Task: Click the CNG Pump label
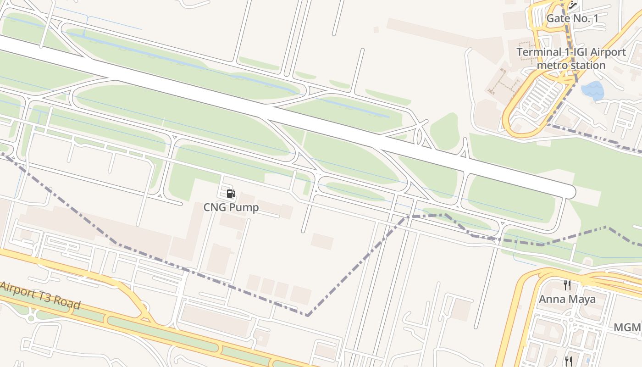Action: (x=231, y=207)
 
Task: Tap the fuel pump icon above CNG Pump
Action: (x=231, y=194)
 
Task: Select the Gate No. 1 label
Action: (x=572, y=19)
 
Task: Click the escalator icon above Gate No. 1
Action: (x=573, y=6)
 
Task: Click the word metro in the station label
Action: (x=552, y=65)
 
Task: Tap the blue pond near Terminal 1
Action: (x=592, y=90)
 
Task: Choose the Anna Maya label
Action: (x=567, y=299)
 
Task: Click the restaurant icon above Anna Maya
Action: (x=567, y=285)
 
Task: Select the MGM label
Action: (x=627, y=328)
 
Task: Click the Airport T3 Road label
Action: (x=40, y=296)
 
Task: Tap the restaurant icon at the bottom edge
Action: (x=569, y=361)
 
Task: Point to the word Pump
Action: (x=244, y=207)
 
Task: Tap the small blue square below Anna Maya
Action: (x=588, y=356)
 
